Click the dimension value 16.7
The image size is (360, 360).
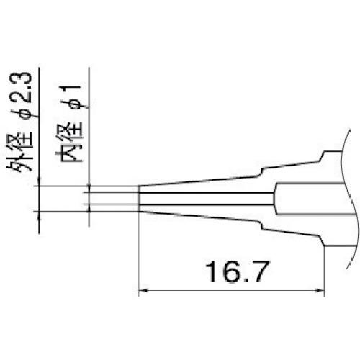(x=231, y=273)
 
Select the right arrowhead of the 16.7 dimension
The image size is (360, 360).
(x=320, y=291)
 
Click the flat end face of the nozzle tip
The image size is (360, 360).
(x=138, y=199)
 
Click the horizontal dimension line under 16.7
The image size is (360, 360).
(x=231, y=291)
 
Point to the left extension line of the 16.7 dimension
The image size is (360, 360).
(x=138, y=252)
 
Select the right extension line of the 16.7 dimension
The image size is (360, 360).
(x=324, y=266)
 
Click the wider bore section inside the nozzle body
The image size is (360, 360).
(x=310, y=199)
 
